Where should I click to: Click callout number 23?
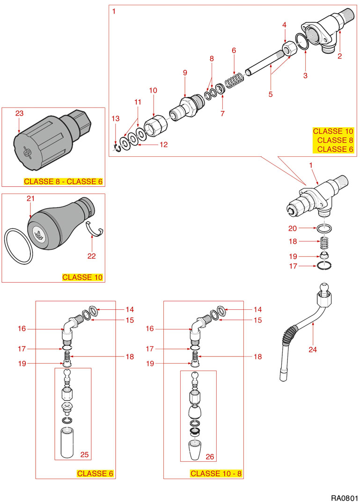[x=19, y=113]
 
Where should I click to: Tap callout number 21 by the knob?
[x=31, y=199]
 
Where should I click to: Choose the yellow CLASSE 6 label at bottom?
[x=95, y=474]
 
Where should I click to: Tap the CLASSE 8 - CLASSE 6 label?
[x=63, y=182]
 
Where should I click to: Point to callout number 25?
[x=84, y=454]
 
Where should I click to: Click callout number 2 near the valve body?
[x=340, y=56]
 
